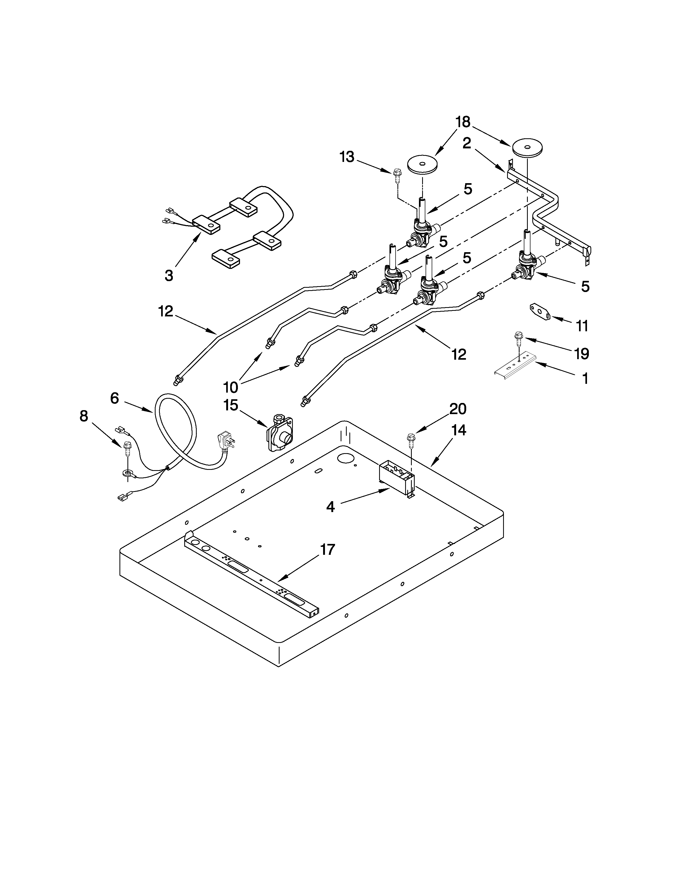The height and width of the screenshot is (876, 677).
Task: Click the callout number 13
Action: point(347,157)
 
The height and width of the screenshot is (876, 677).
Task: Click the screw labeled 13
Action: point(397,175)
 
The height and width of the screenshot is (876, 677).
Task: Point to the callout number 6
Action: point(114,398)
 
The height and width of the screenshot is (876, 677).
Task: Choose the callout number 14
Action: point(459,430)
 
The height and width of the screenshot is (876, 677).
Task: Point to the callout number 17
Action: point(327,549)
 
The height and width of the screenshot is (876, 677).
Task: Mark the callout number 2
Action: point(466,143)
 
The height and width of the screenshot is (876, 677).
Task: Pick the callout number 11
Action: point(582,326)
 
